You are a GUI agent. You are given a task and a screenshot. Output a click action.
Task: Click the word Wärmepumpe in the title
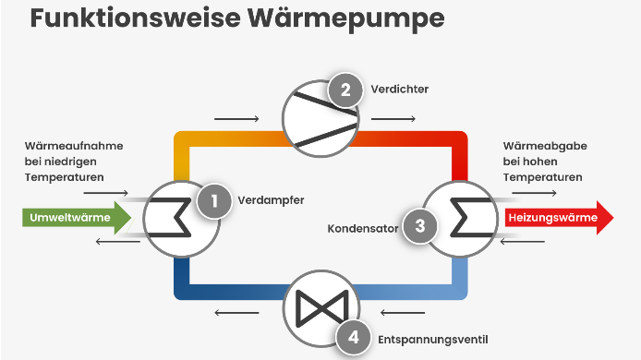(340, 19)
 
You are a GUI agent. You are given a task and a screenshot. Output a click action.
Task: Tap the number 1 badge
(213, 198)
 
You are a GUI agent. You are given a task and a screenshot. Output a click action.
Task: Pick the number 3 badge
(419, 224)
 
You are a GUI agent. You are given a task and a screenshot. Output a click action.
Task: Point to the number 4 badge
(354, 338)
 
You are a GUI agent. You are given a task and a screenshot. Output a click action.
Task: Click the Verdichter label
(400, 90)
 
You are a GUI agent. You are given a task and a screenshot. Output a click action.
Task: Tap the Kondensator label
(363, 226)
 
